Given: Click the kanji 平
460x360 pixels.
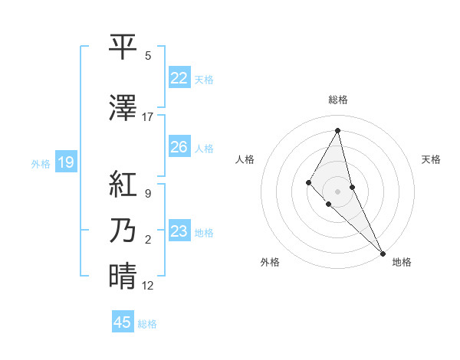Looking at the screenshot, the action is pos(123,48).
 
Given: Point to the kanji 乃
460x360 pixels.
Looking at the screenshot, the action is pos(123,231).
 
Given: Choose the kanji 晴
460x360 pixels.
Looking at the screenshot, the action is pos(123,277).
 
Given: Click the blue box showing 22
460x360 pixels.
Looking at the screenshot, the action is pos(179,78).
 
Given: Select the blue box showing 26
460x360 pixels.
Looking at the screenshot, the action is pos(179,147).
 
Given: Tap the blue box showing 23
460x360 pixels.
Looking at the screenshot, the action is pos(179,231).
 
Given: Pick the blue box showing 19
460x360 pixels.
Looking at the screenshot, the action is pos(66,162).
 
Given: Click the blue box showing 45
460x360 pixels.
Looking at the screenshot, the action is pos(123,322).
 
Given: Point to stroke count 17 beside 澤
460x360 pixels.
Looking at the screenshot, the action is pos(148,117).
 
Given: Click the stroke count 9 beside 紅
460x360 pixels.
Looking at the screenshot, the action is pos(148,194).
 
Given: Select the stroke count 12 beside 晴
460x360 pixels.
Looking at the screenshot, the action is pos(148,286).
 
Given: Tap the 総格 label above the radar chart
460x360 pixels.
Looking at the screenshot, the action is pos(338,100).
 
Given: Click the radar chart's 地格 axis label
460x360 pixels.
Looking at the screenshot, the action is pos(402,262).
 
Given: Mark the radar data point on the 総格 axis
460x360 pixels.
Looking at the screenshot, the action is pos(337,130).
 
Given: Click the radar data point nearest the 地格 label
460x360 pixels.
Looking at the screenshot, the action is pos(382,252).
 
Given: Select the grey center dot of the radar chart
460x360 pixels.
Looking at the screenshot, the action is pos(337,191).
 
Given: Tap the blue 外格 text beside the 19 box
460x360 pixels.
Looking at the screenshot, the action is pos(40,163).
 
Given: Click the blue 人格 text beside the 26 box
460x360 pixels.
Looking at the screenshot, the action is pos(204,148).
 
